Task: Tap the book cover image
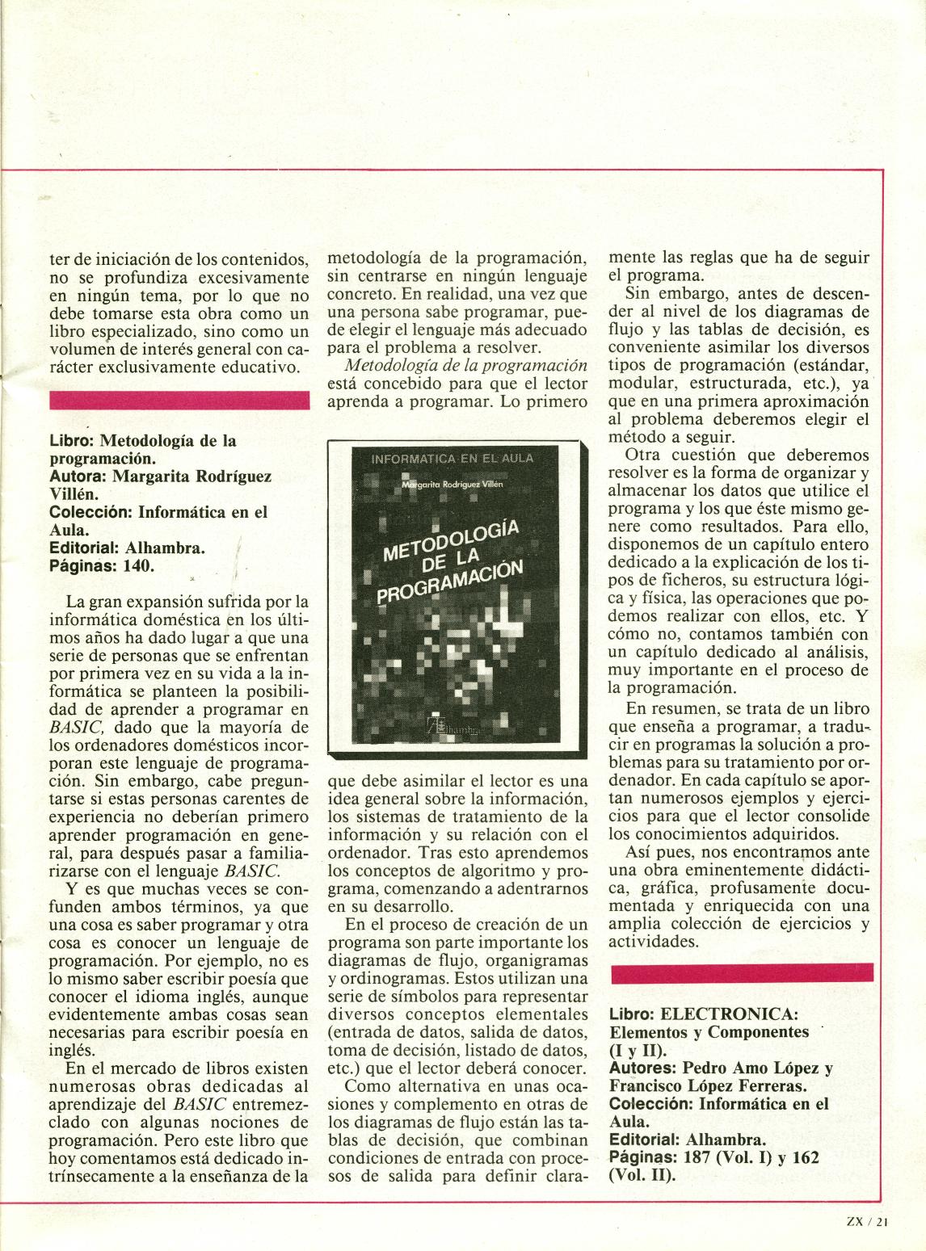click(x=457, y=599)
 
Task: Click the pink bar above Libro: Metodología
click(x=179, y=400)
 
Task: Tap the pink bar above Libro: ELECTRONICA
click(x=742, y=972)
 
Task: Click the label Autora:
click(x=78, y=476)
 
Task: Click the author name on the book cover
click(x=452, y=483)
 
